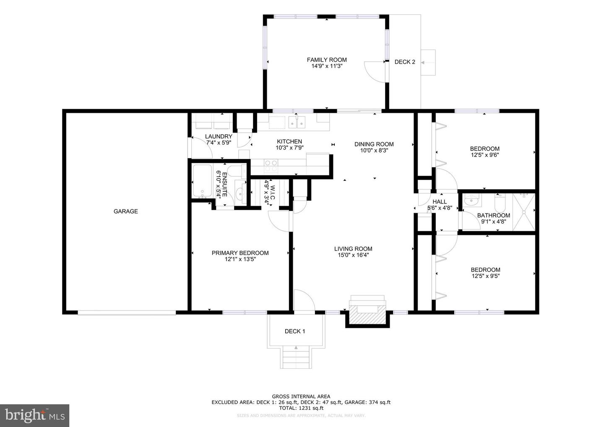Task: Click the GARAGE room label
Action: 125,211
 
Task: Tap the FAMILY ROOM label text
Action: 327,60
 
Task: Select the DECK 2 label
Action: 405,62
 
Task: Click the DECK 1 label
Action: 295,331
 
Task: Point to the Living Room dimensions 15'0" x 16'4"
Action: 353,255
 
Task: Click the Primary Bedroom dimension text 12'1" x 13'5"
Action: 240,259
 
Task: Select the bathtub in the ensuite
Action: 202,181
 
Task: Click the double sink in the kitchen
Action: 298,122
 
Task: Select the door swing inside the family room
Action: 374,71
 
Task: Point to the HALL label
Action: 440,202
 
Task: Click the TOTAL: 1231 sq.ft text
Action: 301,408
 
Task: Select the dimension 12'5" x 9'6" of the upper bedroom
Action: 484,155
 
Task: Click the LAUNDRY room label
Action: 219,137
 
